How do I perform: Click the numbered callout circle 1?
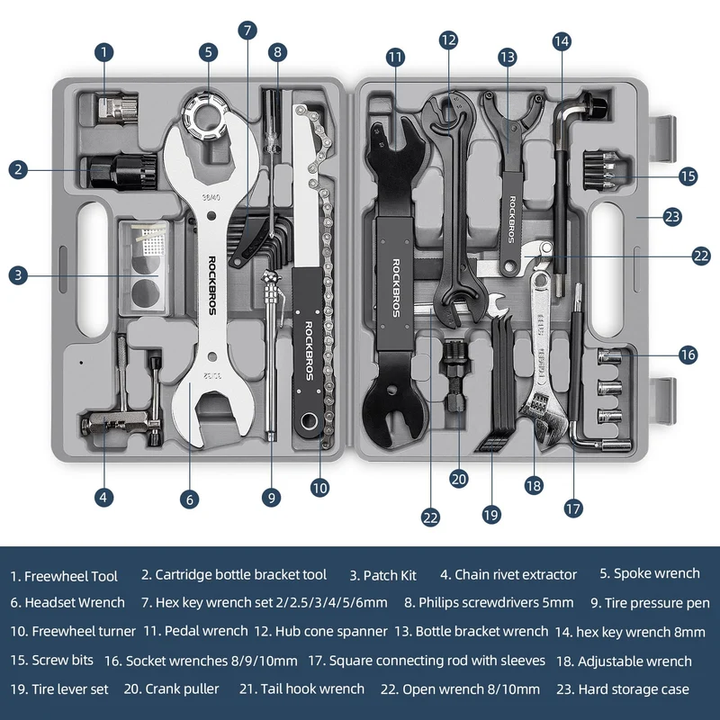(104, 52)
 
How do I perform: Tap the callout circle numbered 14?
(562, 41)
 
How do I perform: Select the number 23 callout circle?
(672, 217)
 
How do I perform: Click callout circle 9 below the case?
(272, 498)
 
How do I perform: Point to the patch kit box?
(144, 267)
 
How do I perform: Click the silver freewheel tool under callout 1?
(118, 109)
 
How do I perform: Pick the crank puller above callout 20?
(454, 375)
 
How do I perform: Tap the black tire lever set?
(499, 381)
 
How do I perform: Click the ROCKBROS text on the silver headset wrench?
(212, 285)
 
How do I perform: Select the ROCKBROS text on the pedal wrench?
(396, 288)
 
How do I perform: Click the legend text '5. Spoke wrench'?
(650, 573)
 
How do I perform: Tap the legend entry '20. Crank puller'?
(171, 689)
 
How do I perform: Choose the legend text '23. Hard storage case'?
(623, 689)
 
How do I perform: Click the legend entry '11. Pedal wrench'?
(195, 631)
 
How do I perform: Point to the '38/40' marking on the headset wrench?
(211, 197)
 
